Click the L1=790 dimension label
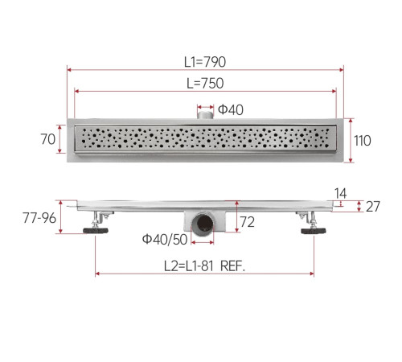coord(205,62)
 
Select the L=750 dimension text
coord(205,83)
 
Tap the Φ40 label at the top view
coord(231,109)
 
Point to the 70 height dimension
coord(48,139)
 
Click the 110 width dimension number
coord(363,141)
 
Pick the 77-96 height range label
coord(39,218)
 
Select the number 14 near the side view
coord(340,193)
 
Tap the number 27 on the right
coord(373,207)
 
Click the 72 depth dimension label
coord(247,222)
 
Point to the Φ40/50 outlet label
coord(165,239)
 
